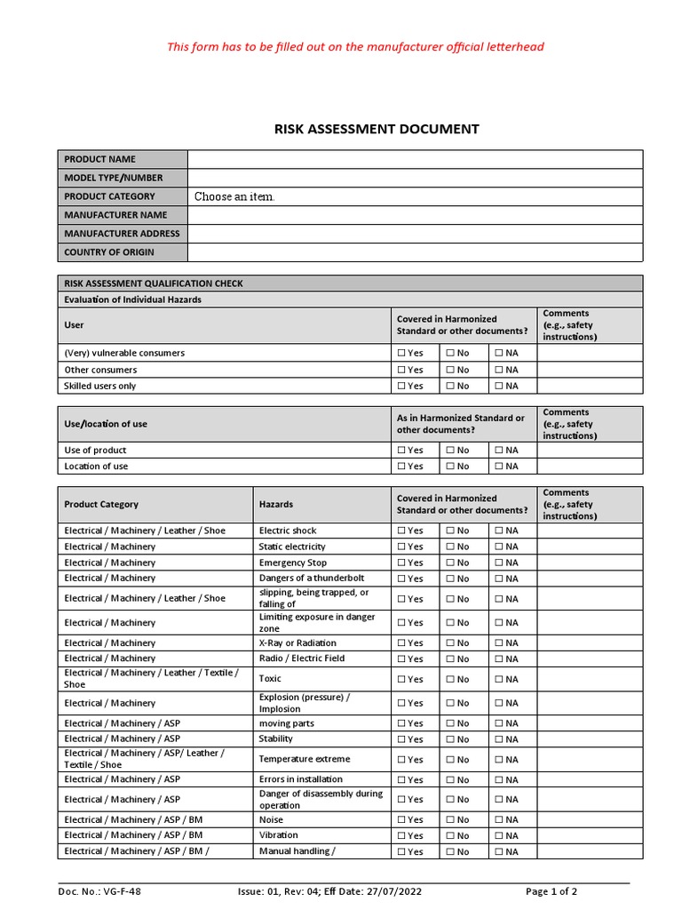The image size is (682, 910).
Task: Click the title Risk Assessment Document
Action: [x=377, y=129]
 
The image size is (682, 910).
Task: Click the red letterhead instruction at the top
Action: [x=355, y=46]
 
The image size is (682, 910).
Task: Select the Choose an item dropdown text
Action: [x=234, y=196]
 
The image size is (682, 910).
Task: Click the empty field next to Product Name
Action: [x=415, y=159]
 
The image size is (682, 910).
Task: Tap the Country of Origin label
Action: [x=108, y=252]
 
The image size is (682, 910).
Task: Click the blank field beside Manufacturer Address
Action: [x=415, y=234]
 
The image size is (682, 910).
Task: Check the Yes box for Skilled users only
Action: [x=401, y=387]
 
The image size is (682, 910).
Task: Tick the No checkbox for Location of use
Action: [x=450, y=467]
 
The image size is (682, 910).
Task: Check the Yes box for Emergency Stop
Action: [x=401, y=563]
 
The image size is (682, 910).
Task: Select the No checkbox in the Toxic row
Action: [x=450, y=680]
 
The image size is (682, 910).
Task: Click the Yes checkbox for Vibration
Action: [x=401, y=836]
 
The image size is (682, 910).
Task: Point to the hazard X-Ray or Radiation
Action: [x=297, y=643]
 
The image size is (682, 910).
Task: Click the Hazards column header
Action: [x=276, y=504]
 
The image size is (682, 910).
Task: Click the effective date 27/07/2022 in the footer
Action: [x=396, y=891]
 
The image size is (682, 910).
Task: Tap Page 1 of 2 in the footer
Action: [x=551, y=891]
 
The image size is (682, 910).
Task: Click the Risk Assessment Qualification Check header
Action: [x=154, y=283]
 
